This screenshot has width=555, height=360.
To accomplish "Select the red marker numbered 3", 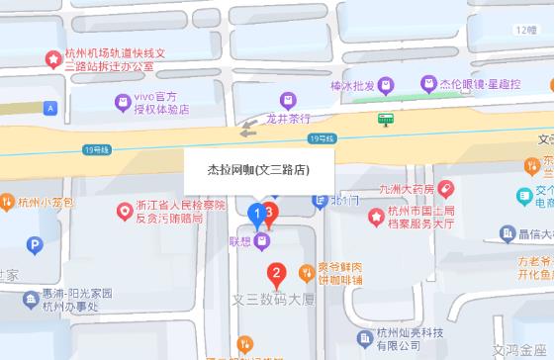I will pos(270,210).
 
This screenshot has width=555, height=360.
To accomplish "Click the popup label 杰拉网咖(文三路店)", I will pos(259,169).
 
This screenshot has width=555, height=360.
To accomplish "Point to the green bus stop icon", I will pos(386,119).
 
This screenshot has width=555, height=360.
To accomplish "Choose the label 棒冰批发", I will pos(352,86).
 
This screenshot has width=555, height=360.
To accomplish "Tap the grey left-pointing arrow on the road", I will pos(247,127).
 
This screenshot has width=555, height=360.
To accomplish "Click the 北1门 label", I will pos(341,201).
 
